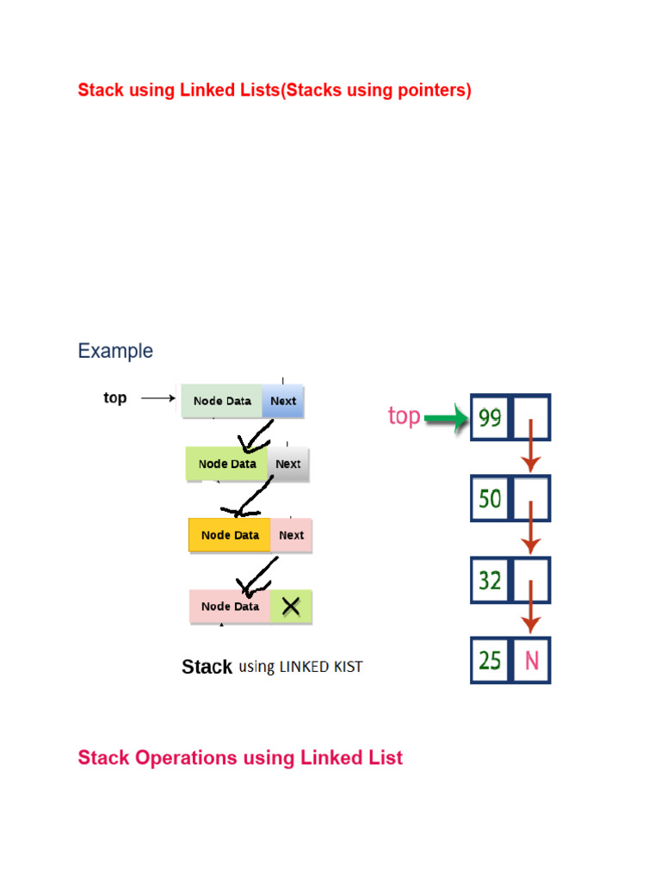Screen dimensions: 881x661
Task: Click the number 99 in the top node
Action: [x=490, y=418]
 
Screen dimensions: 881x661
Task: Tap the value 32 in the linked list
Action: [x=490, y=580]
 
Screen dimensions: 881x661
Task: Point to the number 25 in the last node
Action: [x=490, y=661]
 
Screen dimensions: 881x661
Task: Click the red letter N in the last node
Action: [x=531, y=661]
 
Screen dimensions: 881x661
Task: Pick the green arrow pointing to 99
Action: [x=446, y=419]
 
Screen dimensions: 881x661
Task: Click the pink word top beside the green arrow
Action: [x=404, y=416]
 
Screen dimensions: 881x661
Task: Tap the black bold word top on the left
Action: [x=114, y=397]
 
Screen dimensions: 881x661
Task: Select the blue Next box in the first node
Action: [x=283, y=401]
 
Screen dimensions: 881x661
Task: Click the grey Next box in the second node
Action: [x=288, y=464]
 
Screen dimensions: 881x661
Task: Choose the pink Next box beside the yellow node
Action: [x=291, y=535]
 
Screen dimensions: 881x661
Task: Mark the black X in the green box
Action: [x=291, y=607]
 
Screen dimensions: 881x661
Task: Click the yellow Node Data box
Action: [x=230, y=535]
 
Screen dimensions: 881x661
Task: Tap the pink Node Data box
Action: [x=230, y=607]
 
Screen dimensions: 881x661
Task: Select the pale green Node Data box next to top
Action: [x=222, y=401]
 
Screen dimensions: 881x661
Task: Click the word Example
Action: [x=115, y=351]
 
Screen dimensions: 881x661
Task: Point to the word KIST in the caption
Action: [x=343, y=667]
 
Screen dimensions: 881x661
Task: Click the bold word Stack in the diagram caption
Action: [x=207, y=667]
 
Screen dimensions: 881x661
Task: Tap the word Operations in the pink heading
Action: [x=182, y=758]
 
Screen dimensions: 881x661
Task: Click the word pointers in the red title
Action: [x=434, y=90]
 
